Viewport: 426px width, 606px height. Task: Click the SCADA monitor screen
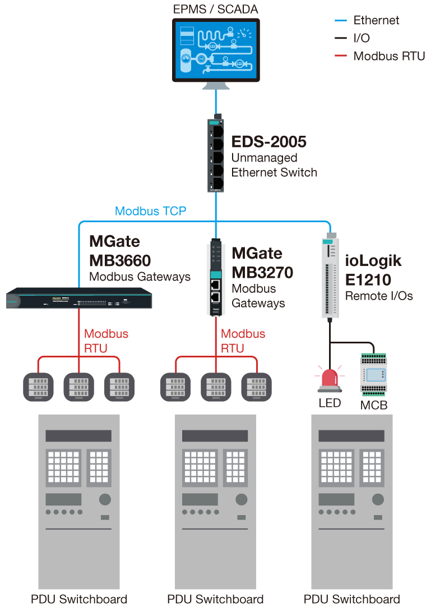215,49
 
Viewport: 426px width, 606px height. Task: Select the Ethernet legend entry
376,21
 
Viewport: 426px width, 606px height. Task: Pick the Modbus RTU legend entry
388,56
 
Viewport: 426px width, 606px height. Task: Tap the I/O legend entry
362,38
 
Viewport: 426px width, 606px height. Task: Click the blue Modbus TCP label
150,212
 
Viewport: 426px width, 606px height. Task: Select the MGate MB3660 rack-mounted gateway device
78,298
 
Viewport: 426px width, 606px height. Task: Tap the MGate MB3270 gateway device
215,278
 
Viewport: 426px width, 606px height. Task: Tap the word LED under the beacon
330,403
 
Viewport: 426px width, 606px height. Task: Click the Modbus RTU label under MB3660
106,341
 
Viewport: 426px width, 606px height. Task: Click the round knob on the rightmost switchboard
377,499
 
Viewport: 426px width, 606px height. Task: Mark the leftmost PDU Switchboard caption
79,599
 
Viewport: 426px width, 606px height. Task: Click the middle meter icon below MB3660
78,387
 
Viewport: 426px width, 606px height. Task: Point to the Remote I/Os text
379,296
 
